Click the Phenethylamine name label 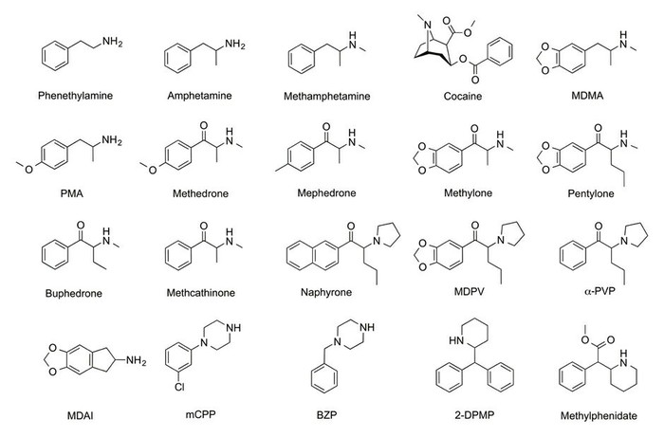click(x=75, y=96)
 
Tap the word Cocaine click(x=463, y=96)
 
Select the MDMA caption click(x=587, y=96)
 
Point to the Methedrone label click(x=200, y=193)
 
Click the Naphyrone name click(x=326, y=292)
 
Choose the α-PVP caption click(x=599, y=291)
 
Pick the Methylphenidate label click(x=599, y=416)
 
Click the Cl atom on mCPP click(x=179, y=387)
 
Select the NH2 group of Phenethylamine click(x=112, y=42)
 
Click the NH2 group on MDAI click(x=136, y=361)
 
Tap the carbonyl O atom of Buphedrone click(x=81, y=225)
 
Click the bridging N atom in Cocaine click(x=428, y=25)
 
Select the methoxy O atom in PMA click(x=28, y=170)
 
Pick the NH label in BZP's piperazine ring click(x=367, y=327)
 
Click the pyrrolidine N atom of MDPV click(x=501, y=240)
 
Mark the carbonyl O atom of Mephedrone click(x=326, y=126)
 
